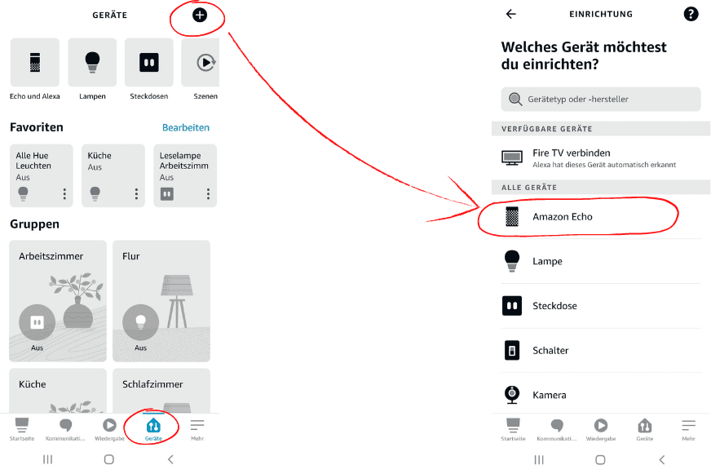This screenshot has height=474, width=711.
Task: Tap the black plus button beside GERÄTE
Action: click(x=200, y=15)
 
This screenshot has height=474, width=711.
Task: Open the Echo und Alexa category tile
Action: click(x=34, y=63)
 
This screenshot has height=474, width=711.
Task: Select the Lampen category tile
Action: click(x=92, y=63)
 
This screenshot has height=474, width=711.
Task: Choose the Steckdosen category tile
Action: click(x=148, y=63)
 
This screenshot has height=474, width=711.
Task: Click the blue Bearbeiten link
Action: click(x=185, y=127)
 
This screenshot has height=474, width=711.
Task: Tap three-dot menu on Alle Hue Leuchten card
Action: click(x=64, y=194)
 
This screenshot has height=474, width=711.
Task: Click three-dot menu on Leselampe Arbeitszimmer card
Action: click(x=208, y=194)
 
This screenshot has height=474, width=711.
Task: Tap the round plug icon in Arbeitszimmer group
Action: click(x=37, y=323)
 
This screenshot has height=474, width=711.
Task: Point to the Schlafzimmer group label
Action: click(x=152, y=384)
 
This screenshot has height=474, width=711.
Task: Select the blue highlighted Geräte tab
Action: click(x=153, y=428)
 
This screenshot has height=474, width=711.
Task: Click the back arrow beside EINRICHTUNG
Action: click(x=511, y=14)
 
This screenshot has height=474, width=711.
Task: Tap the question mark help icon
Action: click(x=691, y=14)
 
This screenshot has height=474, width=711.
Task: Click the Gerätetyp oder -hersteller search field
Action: click(x=600, y=99)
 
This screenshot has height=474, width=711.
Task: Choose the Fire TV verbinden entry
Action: click(x=571, y=157)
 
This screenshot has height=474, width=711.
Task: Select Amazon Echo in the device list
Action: click(x=563, y=217)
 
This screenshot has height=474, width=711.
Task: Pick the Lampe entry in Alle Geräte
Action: click(x=547, y=261)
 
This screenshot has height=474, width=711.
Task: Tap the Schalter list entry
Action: click(x=550, y=350)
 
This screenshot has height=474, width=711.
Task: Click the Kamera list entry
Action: click(x=549, y=395)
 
